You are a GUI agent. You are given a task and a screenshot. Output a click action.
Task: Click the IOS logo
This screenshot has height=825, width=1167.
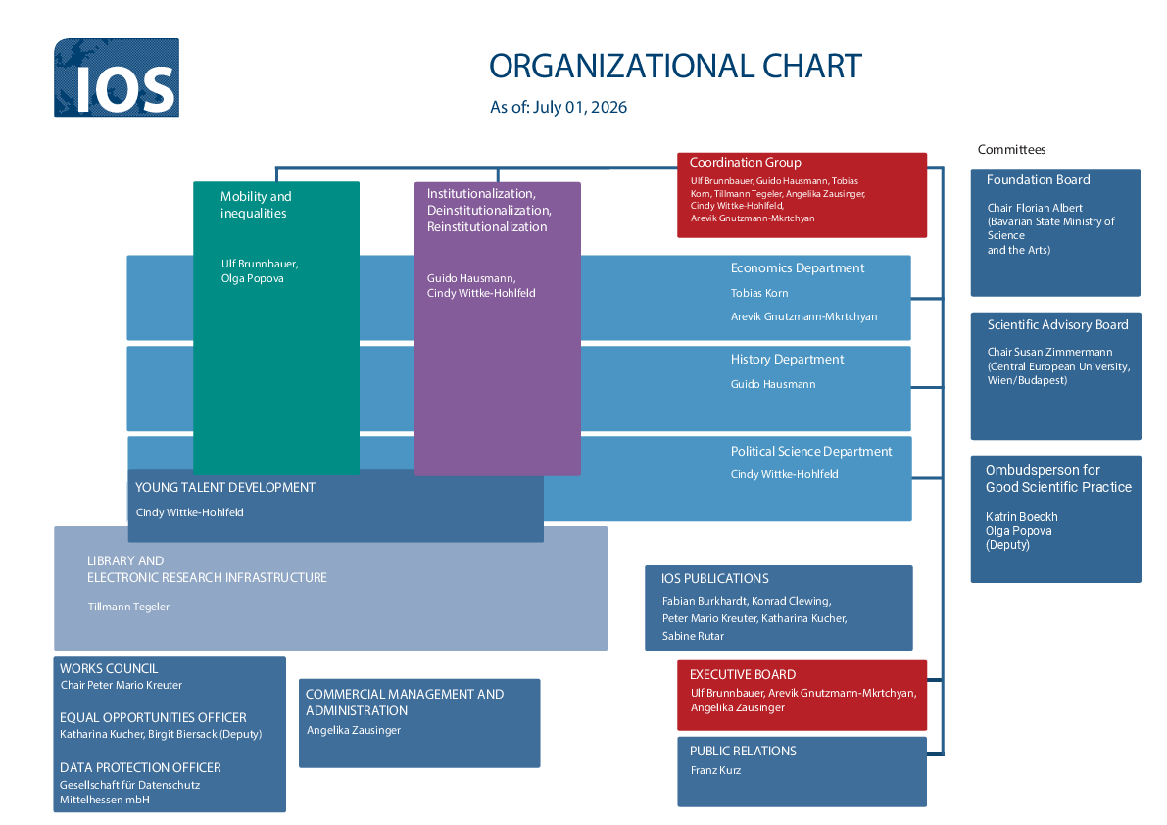click(116, 77)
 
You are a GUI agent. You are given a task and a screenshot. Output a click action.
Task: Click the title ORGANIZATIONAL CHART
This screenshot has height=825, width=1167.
click(675, 67)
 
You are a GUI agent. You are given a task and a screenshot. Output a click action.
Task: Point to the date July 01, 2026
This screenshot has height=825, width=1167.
click(580, 107)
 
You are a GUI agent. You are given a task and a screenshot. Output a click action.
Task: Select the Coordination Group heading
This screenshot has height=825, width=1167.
click(745, 163)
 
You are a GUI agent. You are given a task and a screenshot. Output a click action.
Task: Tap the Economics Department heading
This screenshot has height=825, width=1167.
click(797, 267)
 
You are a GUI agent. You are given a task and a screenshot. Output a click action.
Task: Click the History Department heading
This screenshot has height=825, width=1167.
click(787, 360)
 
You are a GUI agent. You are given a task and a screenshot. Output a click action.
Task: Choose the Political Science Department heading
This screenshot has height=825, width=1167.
click(810, 451)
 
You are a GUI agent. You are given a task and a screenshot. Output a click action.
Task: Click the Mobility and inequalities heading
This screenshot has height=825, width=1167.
click(256, 205)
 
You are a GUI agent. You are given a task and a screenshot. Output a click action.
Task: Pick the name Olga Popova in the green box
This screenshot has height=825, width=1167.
click(252, 278)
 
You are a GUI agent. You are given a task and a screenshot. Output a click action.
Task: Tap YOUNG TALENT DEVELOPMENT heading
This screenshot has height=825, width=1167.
click(224, 487)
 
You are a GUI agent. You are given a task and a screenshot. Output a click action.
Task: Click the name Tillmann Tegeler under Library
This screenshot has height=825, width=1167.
click(128, 607)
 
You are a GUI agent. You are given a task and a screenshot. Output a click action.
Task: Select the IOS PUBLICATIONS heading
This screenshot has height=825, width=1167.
click(714, 579)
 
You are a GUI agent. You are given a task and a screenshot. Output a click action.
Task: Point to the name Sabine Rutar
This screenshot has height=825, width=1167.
click(692, 636)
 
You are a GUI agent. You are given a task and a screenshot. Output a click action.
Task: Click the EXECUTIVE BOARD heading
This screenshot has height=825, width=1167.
click(742, 675)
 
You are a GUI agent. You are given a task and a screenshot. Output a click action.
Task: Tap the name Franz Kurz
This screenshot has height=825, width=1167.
click(715, 770)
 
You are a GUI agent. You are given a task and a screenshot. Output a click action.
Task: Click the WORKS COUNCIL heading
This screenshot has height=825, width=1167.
click(109, 669)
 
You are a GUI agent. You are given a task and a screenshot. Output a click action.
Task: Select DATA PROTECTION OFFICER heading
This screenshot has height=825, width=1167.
click(140, 768)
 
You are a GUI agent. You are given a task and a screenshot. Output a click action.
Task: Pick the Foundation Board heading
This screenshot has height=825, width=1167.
click(1038, 180)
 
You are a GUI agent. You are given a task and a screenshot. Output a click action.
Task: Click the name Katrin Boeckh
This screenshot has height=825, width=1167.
click(1021, 517)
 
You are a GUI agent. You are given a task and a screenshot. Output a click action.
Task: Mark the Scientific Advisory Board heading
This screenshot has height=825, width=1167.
click(1057, 325)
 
